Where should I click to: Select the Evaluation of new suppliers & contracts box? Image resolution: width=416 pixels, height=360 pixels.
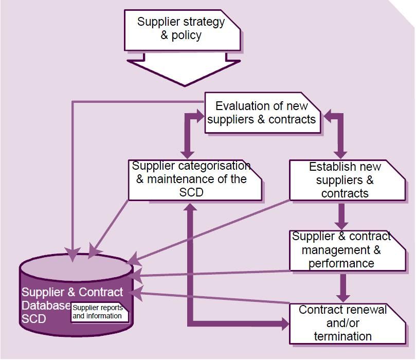point(262,113)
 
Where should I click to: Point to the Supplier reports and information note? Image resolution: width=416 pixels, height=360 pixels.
point(99,312)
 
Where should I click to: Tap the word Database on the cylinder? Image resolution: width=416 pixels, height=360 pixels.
point(45,305)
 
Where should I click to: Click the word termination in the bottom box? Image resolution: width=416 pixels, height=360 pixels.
point(342,337)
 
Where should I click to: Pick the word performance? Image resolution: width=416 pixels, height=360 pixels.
point(341,263)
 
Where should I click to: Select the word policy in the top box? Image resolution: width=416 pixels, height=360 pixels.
point(187,35)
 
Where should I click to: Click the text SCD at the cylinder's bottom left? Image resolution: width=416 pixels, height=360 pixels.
point(34,319)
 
